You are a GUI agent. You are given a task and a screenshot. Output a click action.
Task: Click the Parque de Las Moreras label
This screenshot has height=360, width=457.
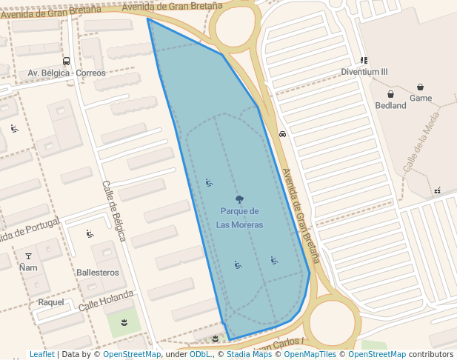coord(239,218)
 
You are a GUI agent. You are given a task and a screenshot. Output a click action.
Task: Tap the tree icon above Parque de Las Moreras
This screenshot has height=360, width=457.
coord(239,199)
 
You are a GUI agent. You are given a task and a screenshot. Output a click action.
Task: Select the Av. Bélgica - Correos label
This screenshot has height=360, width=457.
coord(67,73)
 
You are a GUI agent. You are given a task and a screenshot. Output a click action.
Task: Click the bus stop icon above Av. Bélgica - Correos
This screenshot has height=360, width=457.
coord(67,61)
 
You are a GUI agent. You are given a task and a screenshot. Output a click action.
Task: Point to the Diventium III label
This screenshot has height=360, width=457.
coord(364,72)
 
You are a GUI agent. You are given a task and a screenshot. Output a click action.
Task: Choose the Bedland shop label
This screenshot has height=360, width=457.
coord(390,105)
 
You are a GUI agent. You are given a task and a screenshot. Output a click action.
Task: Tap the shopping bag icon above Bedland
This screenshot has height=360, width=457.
coord(390,94)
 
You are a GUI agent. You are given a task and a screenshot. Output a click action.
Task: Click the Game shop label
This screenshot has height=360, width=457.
coord(421,98)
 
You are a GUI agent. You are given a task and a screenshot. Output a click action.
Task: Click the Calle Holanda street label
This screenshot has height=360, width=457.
coord(106,300)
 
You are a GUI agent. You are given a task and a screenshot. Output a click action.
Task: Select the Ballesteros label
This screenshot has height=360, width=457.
coord(97,273)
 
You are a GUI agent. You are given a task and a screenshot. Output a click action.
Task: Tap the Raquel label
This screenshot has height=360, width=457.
coord(51,302)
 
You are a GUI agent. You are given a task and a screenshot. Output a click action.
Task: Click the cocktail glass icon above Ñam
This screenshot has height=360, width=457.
coord(29,256)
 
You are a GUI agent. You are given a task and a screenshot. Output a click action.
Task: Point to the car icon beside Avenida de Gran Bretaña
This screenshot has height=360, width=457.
coord(282,134)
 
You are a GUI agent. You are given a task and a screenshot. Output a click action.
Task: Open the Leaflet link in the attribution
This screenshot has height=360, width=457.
coord(41,355)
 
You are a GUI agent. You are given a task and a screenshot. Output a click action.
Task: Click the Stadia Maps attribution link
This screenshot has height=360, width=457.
coord(248,355)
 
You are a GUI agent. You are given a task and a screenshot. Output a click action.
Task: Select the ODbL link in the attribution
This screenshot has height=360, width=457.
coord(200,355)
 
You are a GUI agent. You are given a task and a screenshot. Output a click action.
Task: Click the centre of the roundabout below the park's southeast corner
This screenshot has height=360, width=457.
coord(331,322)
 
